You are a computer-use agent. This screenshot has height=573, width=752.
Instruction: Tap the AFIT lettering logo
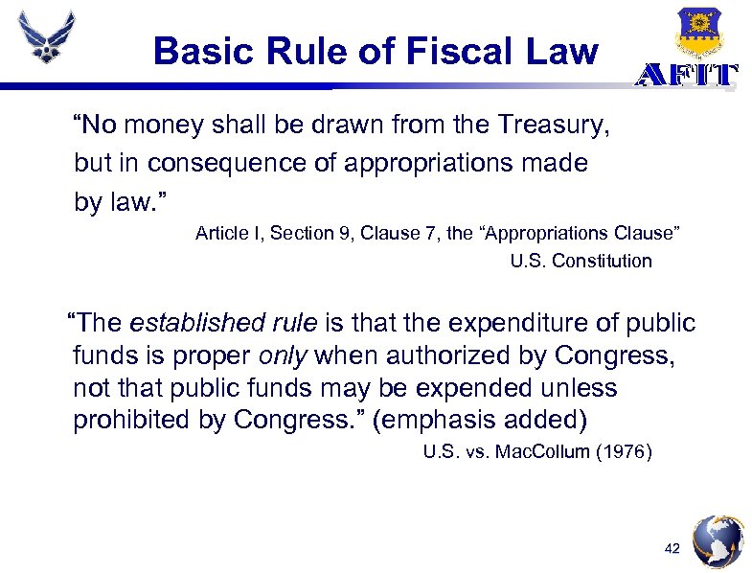tap(687, 77)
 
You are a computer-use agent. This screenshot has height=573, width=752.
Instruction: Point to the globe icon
tap(718, 542)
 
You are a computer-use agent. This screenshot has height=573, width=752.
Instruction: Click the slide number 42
tap(672, 549)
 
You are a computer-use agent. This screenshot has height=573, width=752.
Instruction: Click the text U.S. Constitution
tap(581, 261)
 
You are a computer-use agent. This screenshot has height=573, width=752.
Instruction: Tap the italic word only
tap(283, 356)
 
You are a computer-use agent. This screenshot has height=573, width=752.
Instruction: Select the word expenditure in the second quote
tap(499, 323)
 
